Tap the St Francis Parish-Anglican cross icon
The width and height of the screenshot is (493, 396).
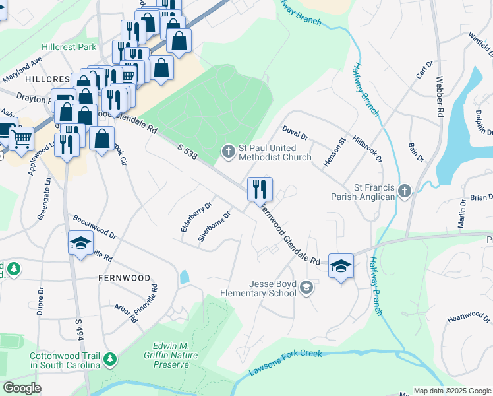click(405, 191)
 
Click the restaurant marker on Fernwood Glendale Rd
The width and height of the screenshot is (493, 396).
click(260, 189)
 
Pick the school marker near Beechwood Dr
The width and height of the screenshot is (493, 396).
click(80, 243)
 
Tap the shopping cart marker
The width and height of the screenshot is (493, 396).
click(22, 139)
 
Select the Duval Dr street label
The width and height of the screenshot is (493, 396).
click(295, 132)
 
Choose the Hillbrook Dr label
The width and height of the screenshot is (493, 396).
click(367, 150)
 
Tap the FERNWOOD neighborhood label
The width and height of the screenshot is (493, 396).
click(124, 278)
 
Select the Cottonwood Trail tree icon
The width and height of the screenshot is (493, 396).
click(111, 360)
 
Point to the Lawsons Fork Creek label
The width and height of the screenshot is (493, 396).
click(285, 363)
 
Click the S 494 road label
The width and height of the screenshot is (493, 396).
click(79, 336)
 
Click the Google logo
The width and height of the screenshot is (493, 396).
click(22, 388)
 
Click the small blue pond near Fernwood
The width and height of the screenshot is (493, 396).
click(184, 277)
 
